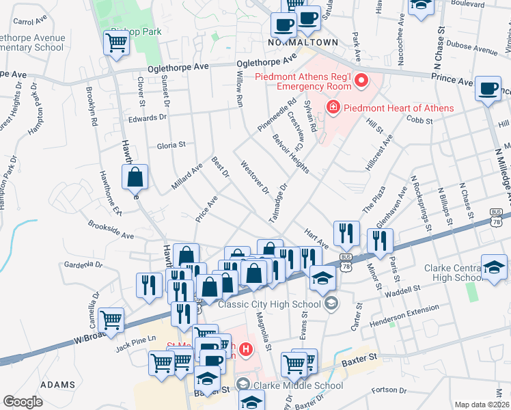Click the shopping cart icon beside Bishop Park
pyautogui.click(x=116, y=43)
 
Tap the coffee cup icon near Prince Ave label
pyautogui.click(x=488, y=89)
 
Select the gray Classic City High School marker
pyautogui.click(x=331, y=303)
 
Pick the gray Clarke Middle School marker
pyautogui.click(x=242, y=385)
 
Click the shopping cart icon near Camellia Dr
pyautogui.click(x=111, y=319)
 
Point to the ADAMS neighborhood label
pyautogui.click(x=57, y=385)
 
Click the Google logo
pyautogui.click(x=23, y=402)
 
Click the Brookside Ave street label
pyautogui.click(x=111, y=230)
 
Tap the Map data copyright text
pyautogui.click(x=482, y=405)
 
